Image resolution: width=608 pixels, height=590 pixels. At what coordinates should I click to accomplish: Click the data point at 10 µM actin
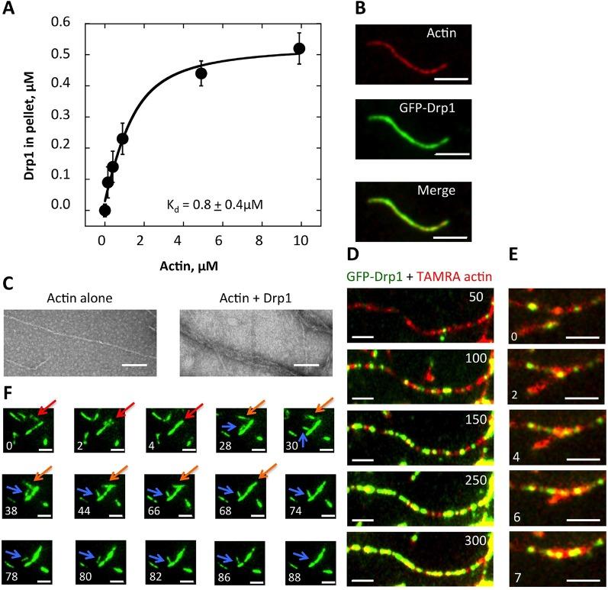tap(299, 49)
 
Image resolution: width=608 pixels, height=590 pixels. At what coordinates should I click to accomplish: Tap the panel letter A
tap(10, 10)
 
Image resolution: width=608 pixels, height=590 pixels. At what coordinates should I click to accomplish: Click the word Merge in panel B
tap(440, 191)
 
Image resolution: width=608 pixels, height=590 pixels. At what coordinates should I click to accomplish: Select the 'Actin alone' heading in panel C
tap(81, 297)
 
